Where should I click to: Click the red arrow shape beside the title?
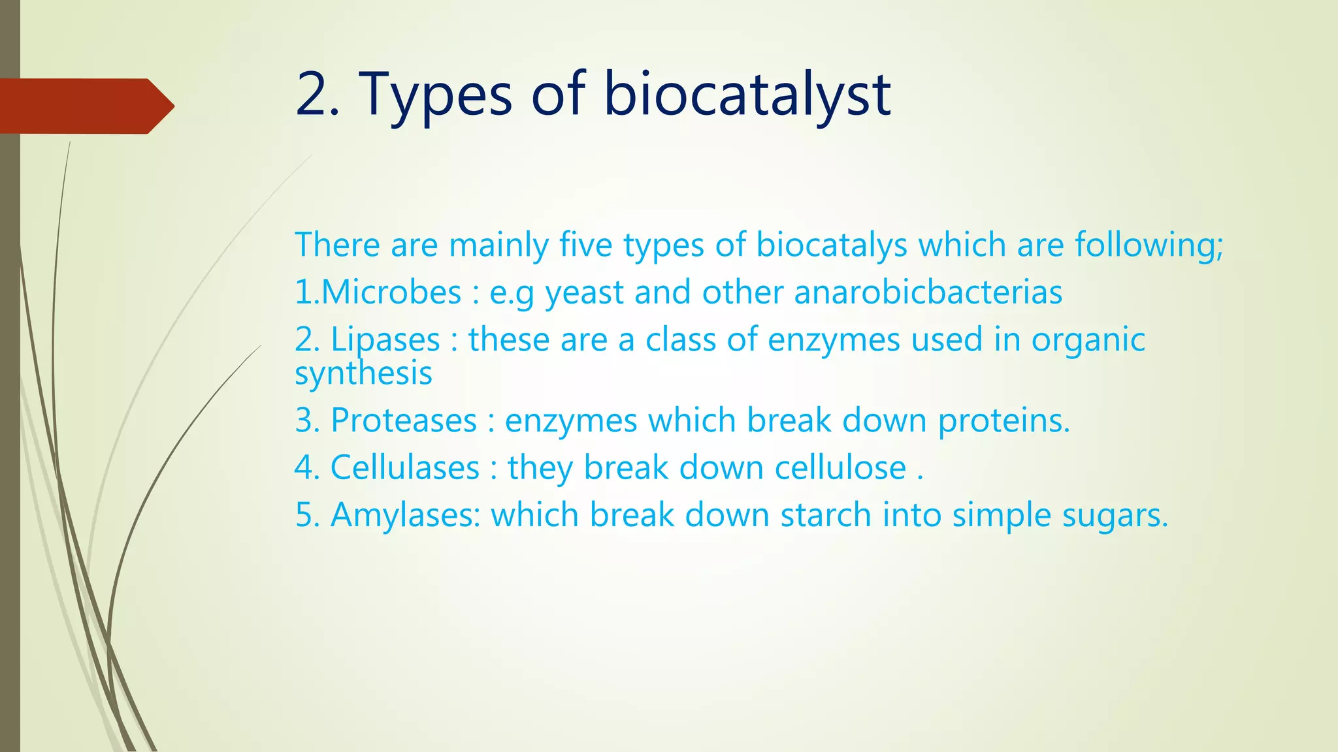point(85,106)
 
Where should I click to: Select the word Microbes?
point(391,292)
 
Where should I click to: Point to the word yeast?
point(584,292)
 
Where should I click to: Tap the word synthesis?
point(363,373)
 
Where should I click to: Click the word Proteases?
point(404,420)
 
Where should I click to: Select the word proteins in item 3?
point(1003,420)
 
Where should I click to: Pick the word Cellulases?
point(405,468)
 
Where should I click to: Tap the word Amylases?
point(405,515)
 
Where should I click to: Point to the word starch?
point(826,515)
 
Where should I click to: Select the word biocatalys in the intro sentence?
point(832,245)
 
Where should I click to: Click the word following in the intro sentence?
point(1149,245)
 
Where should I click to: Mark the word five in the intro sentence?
point(586,245)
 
